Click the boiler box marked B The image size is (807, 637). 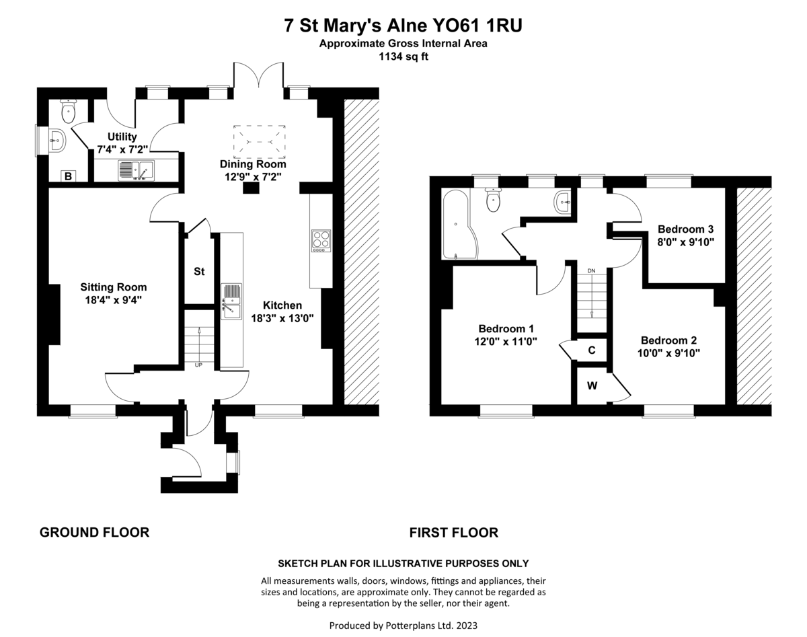tap(67, 176)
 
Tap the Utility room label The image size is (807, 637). tap(122, 137)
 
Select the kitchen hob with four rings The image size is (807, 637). tap(321, 240)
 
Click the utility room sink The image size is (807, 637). tap(136, 171)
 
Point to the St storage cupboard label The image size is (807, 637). tap(199, 272)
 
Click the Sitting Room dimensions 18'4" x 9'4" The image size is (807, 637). tap(113, 300)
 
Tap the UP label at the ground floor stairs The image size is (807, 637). tap(198, 365)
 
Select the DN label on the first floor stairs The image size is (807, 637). tap(591, 271)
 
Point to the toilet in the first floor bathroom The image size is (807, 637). tap(494, 199)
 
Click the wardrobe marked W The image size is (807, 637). tap(592, 386)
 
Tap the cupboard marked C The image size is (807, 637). tap(592, 350)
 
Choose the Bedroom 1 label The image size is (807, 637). tap(506, 329)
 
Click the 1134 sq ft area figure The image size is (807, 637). tap(403, 57)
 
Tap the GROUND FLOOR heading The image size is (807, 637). tap(94, 533)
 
